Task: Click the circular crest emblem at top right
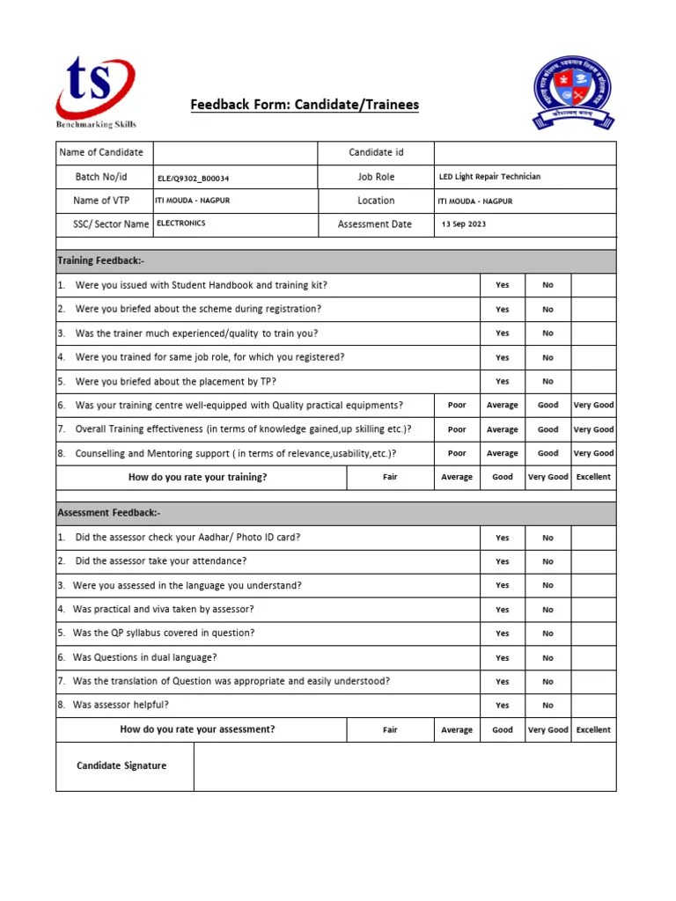click(x=573, y=93)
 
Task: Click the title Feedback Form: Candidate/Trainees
click(x=305, y=106)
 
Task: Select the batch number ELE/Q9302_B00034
click(x=193, y=178)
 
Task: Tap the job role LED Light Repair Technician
click(x=489, y=177)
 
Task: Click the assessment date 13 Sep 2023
click(x=464, y=224)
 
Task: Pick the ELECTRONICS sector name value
click(x=181, y=223)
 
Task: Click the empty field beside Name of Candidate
click(x=235, y=153)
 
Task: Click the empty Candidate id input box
click(x=525, y=153)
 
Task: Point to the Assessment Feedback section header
click(x=109, y=513)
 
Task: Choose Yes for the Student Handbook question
click(x=502, y=285)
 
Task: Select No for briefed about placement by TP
click(x=547, y=382)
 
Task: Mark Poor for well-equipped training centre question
click(x=457, y=406)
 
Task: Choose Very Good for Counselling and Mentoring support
click(x=593, y=454)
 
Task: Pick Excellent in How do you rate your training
click(x=593, y=478)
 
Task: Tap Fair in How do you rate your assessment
click(x=390, y=730)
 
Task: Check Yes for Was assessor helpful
click(x=502, y=706)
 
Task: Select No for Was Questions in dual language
click(x=547, y=658)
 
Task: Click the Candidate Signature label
click(x=121, y=765)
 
